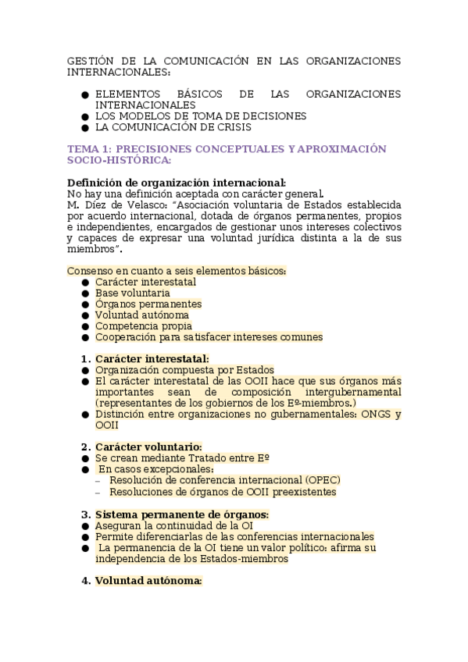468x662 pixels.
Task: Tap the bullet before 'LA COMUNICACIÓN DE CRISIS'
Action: [x=84, y=126]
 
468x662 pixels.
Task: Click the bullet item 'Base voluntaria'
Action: [x=132, y=293]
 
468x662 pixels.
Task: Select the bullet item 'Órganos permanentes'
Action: [x=148, y=304]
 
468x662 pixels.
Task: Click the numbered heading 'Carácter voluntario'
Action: [x=148, y=447]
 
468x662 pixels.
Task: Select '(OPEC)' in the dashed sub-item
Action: [x=323, y=480]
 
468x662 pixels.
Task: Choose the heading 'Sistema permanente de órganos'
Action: [x=181, y=514]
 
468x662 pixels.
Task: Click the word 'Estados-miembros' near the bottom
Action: [x=245, y=559]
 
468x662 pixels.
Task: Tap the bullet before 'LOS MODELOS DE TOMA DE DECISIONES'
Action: [x=84, y=116]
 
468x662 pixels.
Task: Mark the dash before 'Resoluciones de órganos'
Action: [x=97, y=493]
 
